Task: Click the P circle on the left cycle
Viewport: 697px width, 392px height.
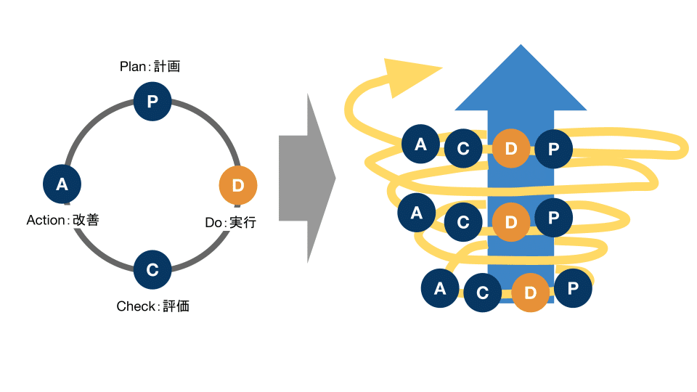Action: (152, 102)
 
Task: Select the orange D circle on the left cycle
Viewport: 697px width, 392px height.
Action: (238, 185)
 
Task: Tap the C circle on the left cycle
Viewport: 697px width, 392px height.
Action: (152, 270)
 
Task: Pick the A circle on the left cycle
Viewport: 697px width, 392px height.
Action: (62, 184)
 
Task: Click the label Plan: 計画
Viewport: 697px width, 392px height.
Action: (150, 67)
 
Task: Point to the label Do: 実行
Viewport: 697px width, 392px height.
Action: (230, 223)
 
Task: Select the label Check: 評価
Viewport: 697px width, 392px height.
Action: (152, 306)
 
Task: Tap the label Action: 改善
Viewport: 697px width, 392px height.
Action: (62, 220)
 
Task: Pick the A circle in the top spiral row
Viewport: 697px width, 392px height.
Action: (420, 144)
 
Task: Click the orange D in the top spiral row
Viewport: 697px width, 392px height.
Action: (511, 149)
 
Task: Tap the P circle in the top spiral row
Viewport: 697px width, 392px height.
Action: (554, 149)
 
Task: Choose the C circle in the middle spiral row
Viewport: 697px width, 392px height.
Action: (463, 222)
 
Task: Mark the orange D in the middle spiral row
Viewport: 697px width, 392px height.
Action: (511, 222)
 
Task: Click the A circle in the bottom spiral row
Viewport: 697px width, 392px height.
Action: (440, 289)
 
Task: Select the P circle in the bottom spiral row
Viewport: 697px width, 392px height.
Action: (573, 289)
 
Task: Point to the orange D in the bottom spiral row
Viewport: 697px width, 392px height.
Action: (531, 293)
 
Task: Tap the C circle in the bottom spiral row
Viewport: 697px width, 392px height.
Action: (482, 293)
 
